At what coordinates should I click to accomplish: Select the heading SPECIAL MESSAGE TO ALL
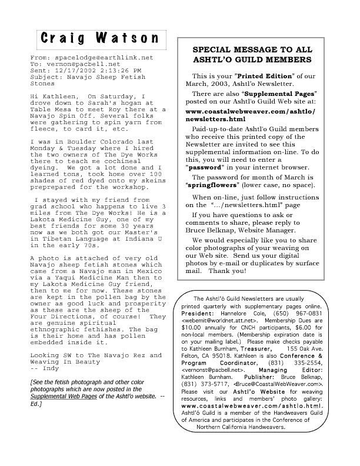tap(257, 49)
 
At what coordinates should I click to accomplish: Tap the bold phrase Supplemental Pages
tap(285, 93)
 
